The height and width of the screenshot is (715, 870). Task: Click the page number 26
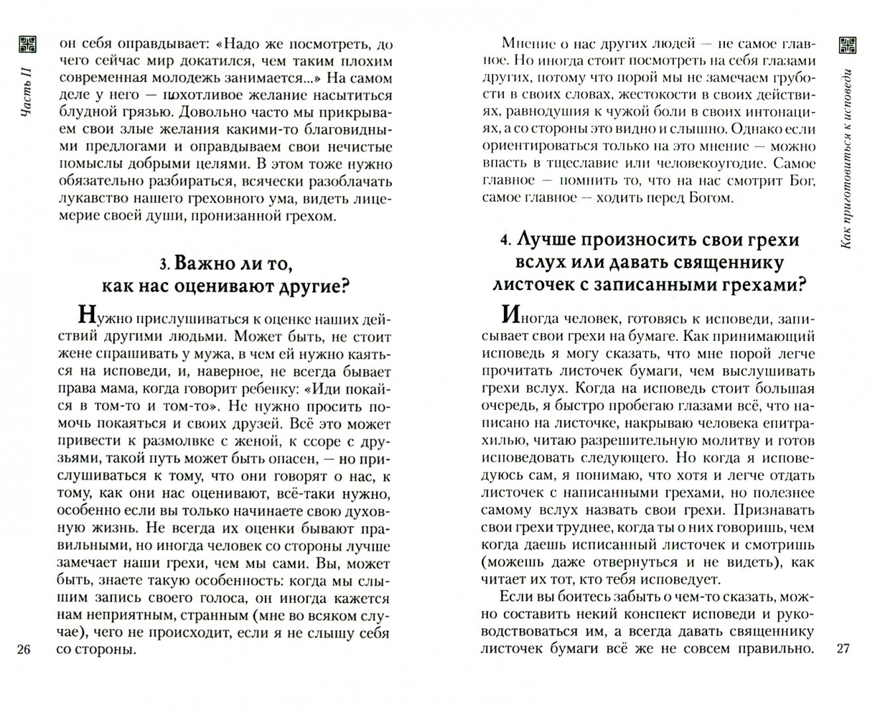(x=23, y=649)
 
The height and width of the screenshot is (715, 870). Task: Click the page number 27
(x=842, y=649)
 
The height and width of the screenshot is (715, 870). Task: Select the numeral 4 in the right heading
(x=505, y=240)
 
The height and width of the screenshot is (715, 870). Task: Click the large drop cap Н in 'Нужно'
(x=87, y=314)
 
